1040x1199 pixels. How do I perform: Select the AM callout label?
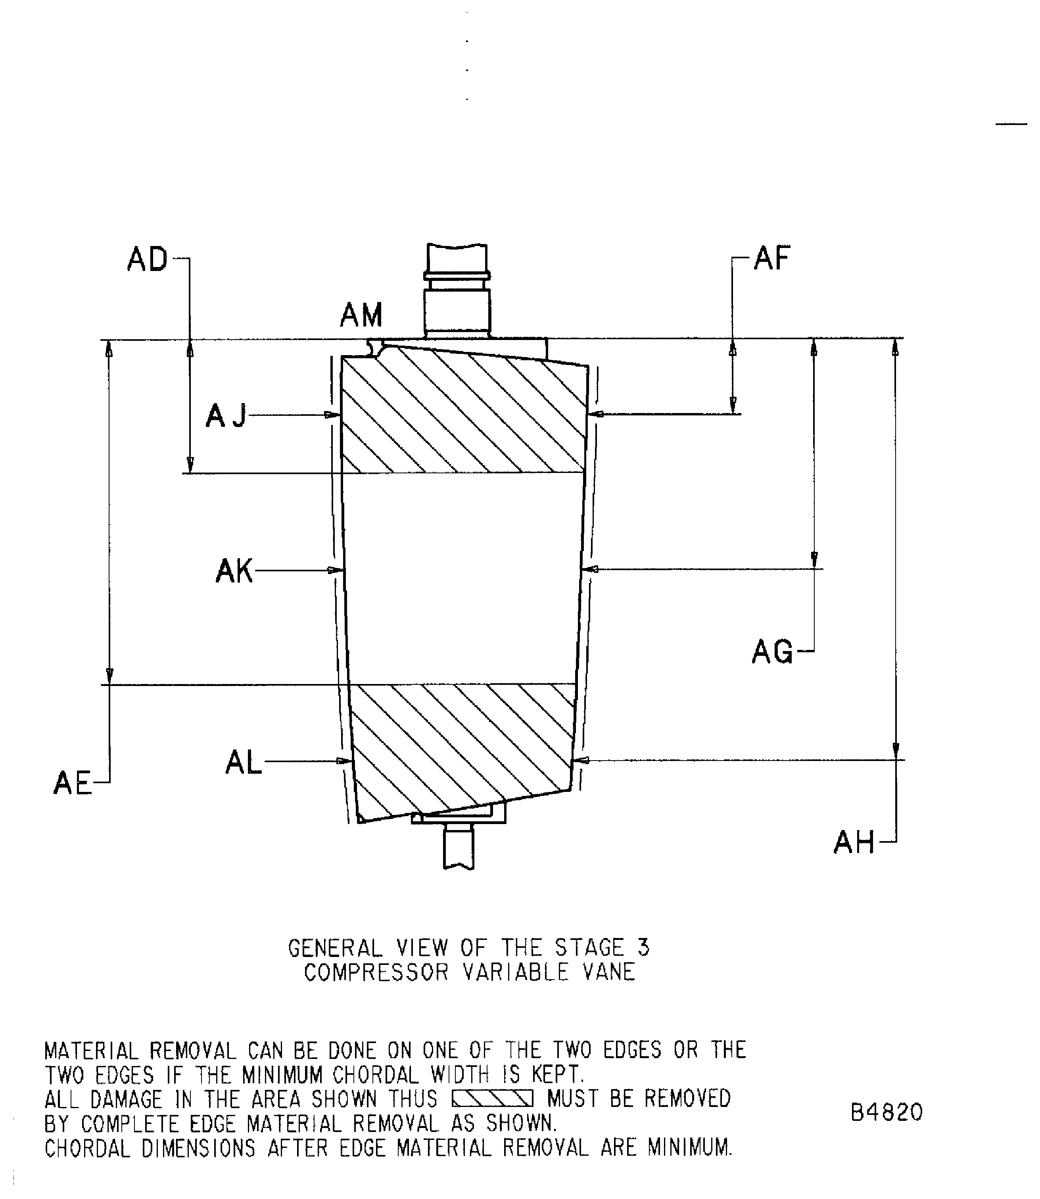361,316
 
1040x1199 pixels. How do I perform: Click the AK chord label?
234,571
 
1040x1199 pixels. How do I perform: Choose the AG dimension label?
772,652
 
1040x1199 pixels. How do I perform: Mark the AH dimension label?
854,843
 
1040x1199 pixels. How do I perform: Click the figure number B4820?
886,1113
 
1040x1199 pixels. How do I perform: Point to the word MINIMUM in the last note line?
689,1148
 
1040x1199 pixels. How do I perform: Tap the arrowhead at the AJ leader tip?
332,415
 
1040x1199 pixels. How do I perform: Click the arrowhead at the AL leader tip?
345,761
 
